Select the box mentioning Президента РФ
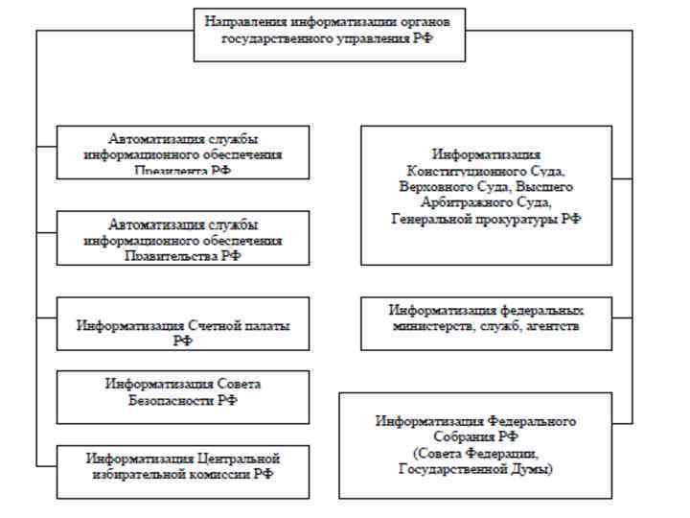(x=183, y=152)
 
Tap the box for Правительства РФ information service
(x=183, y=237)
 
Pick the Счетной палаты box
(x=183, y=323)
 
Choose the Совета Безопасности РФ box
(x=183, y=396)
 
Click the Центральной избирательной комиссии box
(x=183, y=470)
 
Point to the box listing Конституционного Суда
(x=486, y=195)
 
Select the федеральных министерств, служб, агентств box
(x=486, y=323)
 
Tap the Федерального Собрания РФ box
(x=475, y=444)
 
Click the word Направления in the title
(x=240, y=20)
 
